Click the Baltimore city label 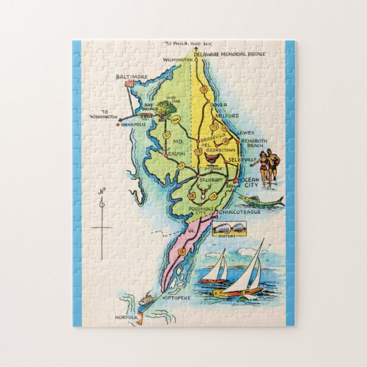132,76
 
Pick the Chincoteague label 239,212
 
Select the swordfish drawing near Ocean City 259,199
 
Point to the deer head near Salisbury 203,193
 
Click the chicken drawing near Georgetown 211,160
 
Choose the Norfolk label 126,316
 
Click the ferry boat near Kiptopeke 147,300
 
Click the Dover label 217,105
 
